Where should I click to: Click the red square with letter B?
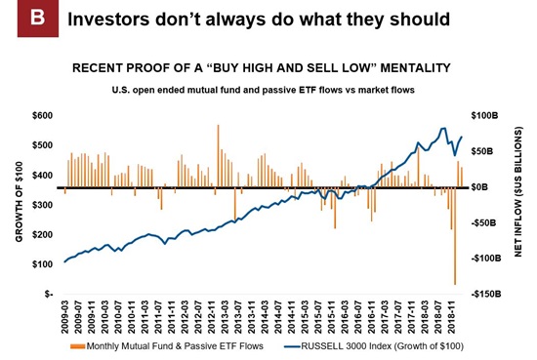tap(38, 19)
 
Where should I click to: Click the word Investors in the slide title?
tap(108, 20)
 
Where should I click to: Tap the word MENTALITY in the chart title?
tap(415, 67)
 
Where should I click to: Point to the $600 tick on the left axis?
tap(43, 116)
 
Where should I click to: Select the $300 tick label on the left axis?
tap(43, 205)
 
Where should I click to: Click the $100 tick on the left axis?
tap(43, 264)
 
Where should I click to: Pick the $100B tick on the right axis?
tap(484, 116)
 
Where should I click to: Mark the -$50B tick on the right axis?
tap(484, 223)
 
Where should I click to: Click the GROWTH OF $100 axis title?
tap(20, 202)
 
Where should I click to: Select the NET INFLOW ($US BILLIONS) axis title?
tap(518, 191)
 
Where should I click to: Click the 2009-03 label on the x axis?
tap(65, 316)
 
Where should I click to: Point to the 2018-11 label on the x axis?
tap(452, 316)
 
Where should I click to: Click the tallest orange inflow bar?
tap(218, 156)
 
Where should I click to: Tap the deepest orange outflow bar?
tap(455, 236)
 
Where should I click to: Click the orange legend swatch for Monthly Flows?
tap(77, 346)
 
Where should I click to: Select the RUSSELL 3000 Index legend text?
tap(382, 346)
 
